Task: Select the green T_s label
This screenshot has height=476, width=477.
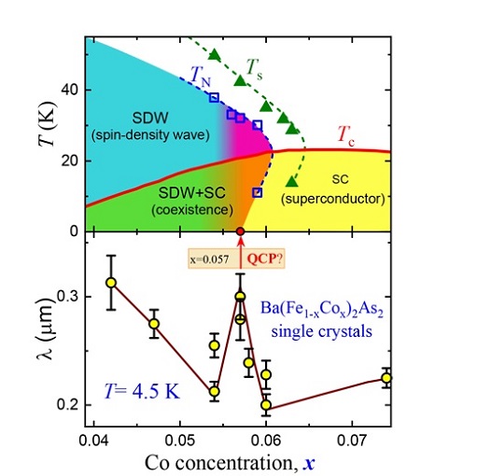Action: (x=256, y=66)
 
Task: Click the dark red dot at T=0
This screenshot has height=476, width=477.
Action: (x=240, y=231)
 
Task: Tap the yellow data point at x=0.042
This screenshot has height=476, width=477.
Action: (x=111, y=282)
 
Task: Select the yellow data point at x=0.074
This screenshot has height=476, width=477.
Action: (x=386, y=378)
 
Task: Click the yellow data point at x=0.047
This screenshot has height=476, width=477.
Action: (x=154, y=323)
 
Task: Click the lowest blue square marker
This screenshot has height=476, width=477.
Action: (x=258, y=192)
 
